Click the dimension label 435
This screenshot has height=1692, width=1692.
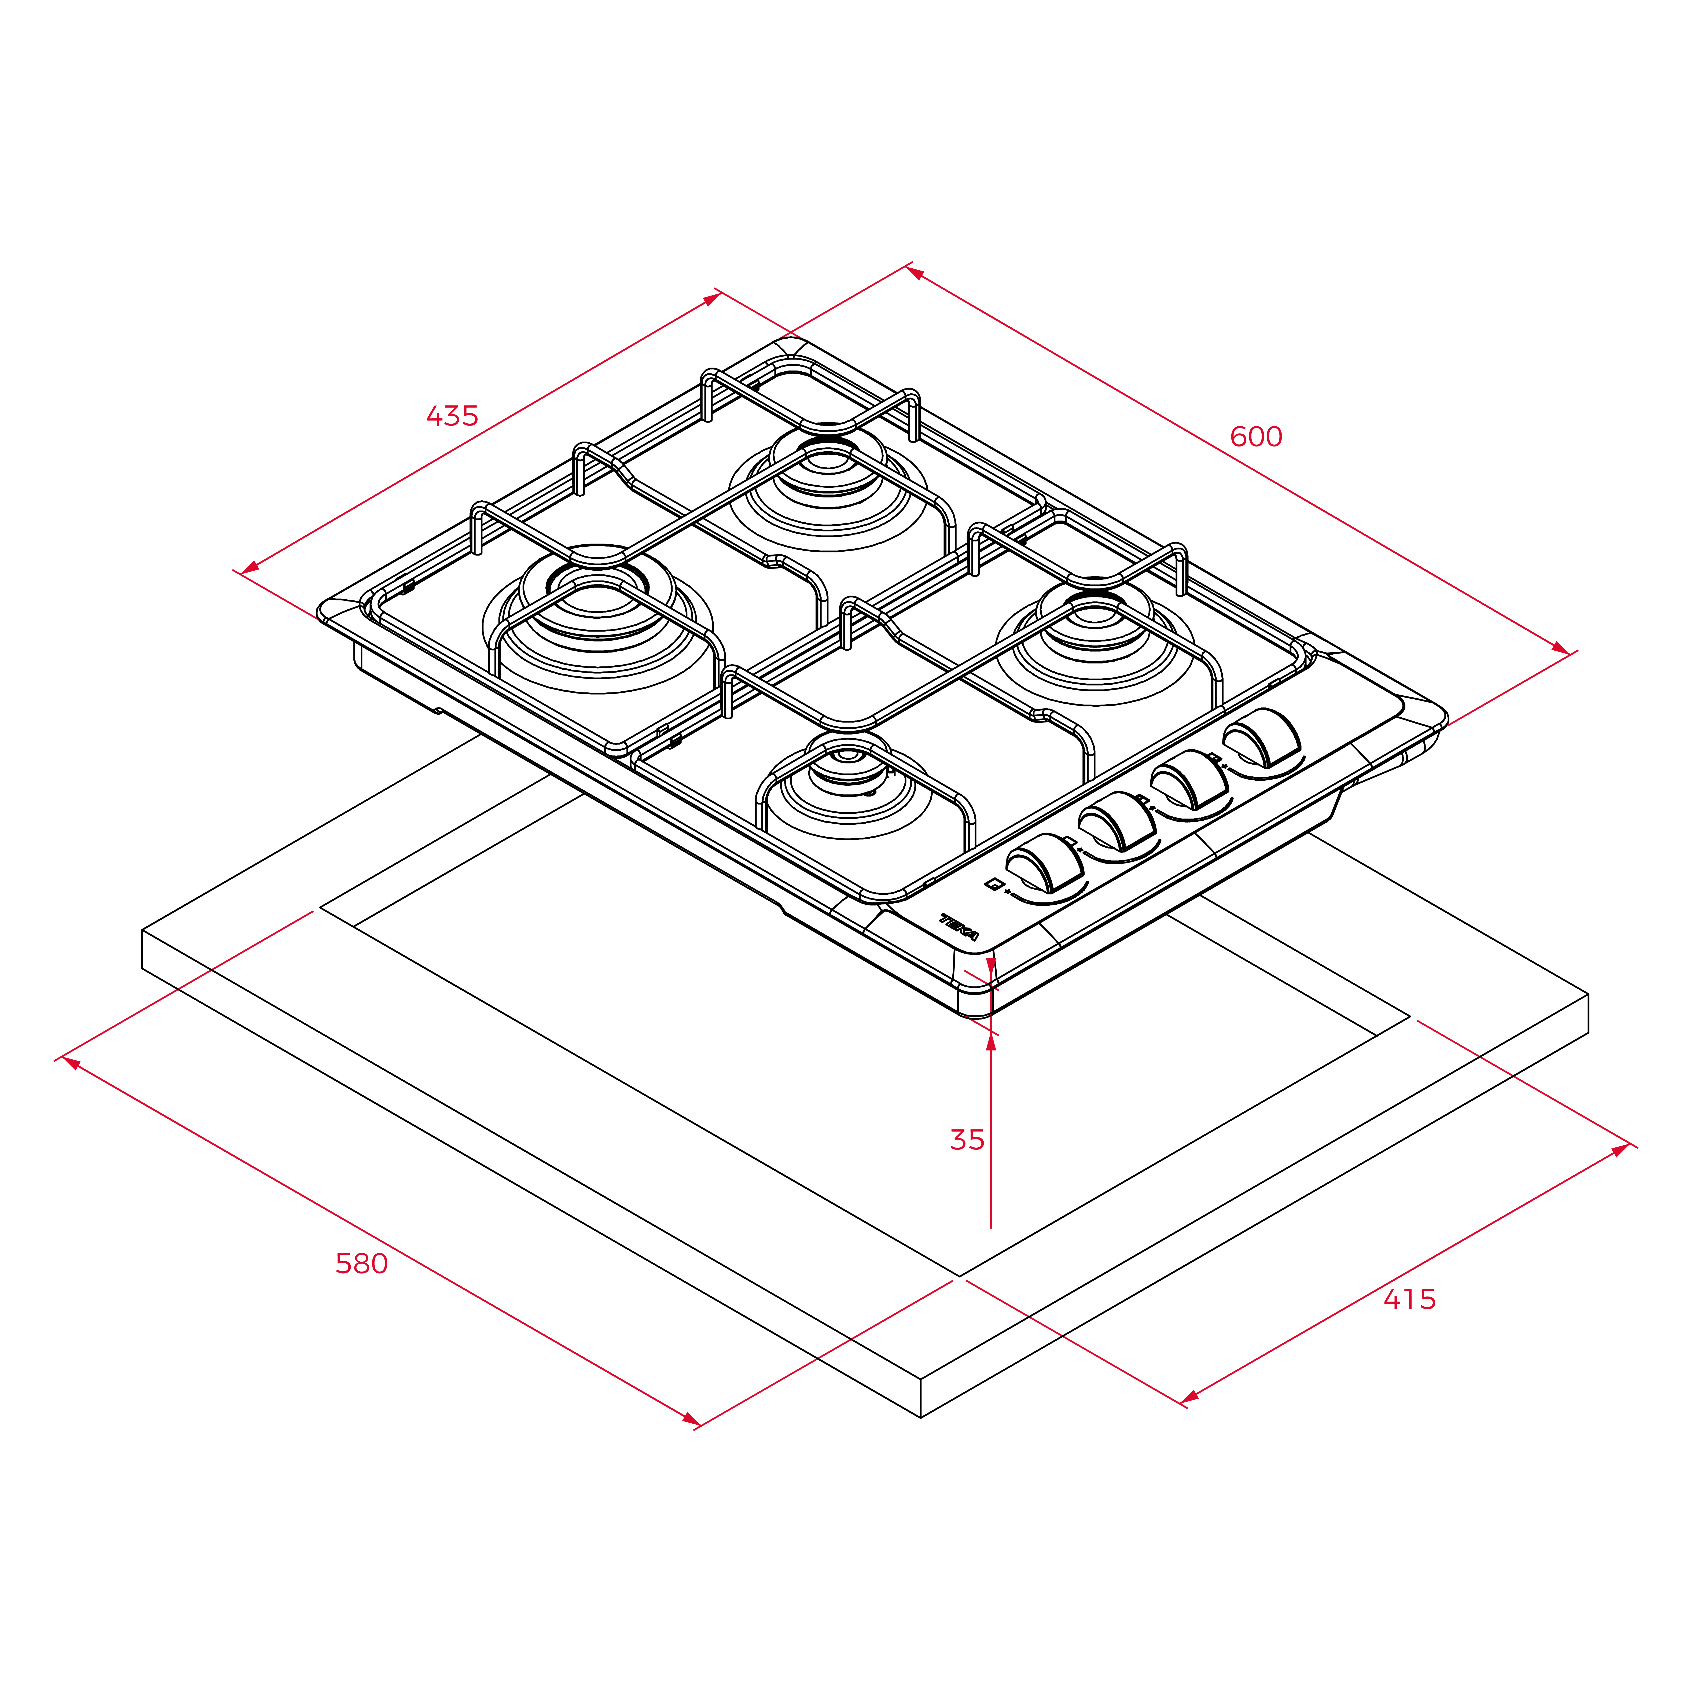[x=452, y=416]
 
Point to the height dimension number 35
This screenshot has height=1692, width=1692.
[x=967, y=1139]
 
